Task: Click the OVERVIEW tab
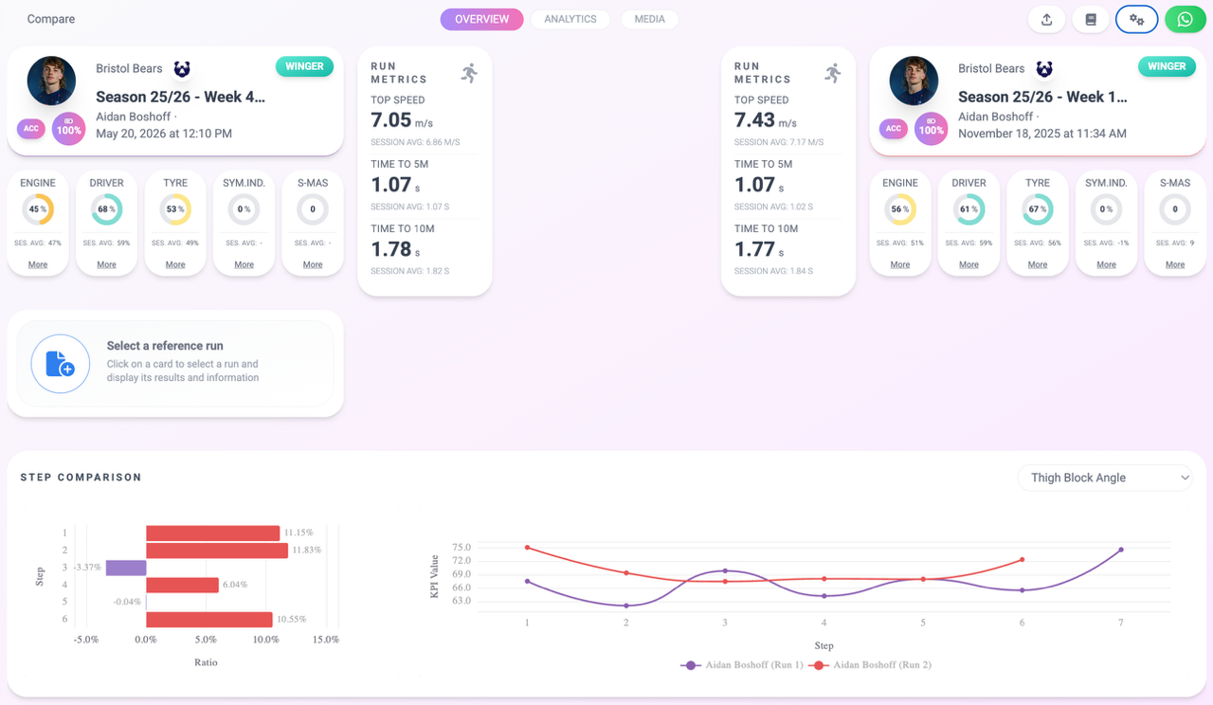tap(481, 20)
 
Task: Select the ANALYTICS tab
tap(570, 20)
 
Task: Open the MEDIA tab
tap(649, 20)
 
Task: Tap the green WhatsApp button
tap(1185, 20)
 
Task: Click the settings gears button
tap(1136, 20)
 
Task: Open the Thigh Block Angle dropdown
tap(1105, 478)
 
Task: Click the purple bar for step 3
tap(126, 568)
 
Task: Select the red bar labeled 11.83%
tap(217, 551)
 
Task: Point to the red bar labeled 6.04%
tap(182, 585)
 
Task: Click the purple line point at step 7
tap(1121, 550)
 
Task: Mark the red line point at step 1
tap(528, 548)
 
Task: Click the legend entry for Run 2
tap(870, 665)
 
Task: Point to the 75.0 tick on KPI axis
tap(462, 548)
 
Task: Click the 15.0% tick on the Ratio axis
tap(325, 640)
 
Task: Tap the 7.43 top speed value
tap(754, 120)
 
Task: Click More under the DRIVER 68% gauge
tap(106, 264)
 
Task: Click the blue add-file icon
tap(60, 363)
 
